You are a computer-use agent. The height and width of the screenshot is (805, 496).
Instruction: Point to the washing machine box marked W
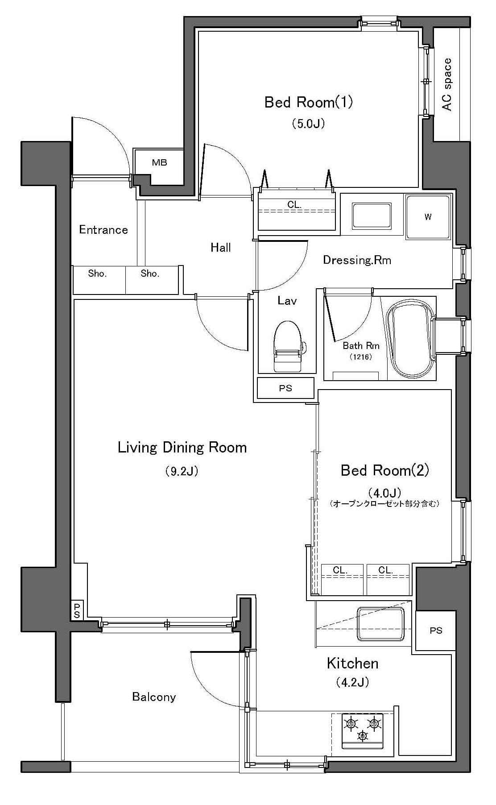[x=428, y=217]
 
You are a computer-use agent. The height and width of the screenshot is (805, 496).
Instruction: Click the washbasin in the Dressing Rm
[x=372, y=216]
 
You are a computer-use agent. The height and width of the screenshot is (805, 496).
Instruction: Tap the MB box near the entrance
[x=159, y=162]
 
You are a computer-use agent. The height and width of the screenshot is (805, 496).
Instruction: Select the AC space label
[x=446, y=84]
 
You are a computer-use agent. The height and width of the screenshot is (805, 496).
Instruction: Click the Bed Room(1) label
[x=309, y=102]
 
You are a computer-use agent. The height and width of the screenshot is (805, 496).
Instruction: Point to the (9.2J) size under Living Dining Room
[x=182, y=471]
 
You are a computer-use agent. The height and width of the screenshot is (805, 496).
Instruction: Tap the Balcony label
[x=154, y=697]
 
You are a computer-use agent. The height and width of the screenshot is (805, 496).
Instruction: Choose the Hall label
[x=221, y=247]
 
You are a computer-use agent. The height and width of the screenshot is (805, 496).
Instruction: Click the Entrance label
[x=103, y=230]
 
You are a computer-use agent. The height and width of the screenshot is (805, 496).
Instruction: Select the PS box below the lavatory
[x=285, y=388]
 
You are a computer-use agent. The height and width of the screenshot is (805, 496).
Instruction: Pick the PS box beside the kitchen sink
[x=436, y=630]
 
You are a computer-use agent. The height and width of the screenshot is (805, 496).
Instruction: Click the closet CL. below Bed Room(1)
[x=295, y=209]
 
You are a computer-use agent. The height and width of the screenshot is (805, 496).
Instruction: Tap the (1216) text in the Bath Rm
[x=361, y=357]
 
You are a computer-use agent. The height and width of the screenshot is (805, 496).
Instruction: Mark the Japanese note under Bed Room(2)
[x=385, y=504]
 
